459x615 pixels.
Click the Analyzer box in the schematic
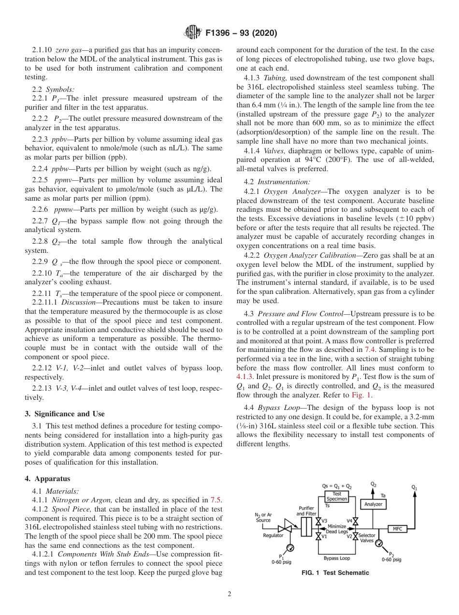tap(373, 504)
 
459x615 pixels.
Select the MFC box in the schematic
tap(398, 529)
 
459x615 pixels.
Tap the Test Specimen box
tap(337, 496)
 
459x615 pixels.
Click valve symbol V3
tap(318, 521)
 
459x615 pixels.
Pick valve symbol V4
tap(356, 521)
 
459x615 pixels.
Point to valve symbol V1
tap(318, 536)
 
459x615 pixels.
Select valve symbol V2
tap(356, 536)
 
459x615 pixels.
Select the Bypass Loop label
tap(337, 558)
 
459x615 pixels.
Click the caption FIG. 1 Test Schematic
tap(335, 573)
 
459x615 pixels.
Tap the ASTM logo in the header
tap(192, 33)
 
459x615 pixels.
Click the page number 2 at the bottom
tap(229, 595)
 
